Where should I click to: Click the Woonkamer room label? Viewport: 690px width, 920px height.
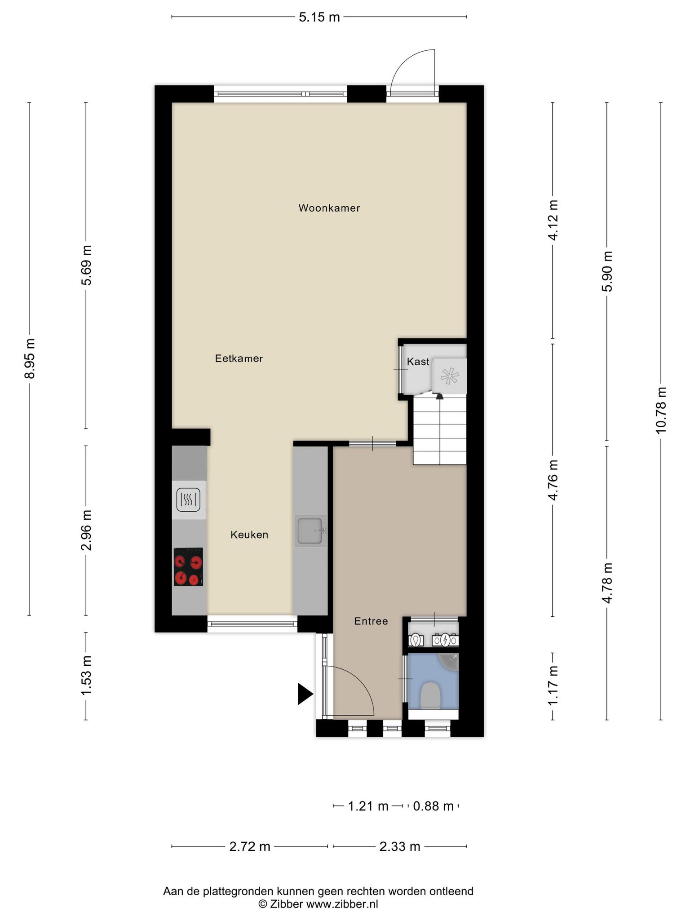[x=329, y=208]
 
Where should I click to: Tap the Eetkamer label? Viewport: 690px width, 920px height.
[x=239, y=358]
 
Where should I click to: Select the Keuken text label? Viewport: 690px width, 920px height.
[x=249, y=535]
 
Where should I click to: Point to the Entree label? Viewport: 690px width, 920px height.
[x=371, y=621]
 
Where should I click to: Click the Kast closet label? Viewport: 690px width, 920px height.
[x=418, y=362]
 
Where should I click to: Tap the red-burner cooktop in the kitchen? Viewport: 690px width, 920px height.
[x=189, y=566]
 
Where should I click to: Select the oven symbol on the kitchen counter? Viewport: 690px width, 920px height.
[x=189, y=500]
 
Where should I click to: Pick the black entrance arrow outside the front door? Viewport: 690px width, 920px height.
[x=305, y=694]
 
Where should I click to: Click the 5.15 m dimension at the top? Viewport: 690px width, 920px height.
[x=319, y=18]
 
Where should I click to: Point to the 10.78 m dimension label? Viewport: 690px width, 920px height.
[x=661, y=410]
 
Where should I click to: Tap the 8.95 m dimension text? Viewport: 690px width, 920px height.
[x=30, y=358]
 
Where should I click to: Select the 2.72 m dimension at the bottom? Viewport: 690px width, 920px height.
[x=250, y=847]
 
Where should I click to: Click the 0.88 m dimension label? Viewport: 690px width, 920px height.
[x=433, y=806]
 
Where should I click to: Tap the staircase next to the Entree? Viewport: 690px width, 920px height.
[x=440, y=431]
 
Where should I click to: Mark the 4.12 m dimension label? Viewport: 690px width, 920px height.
[x=553, y=221]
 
